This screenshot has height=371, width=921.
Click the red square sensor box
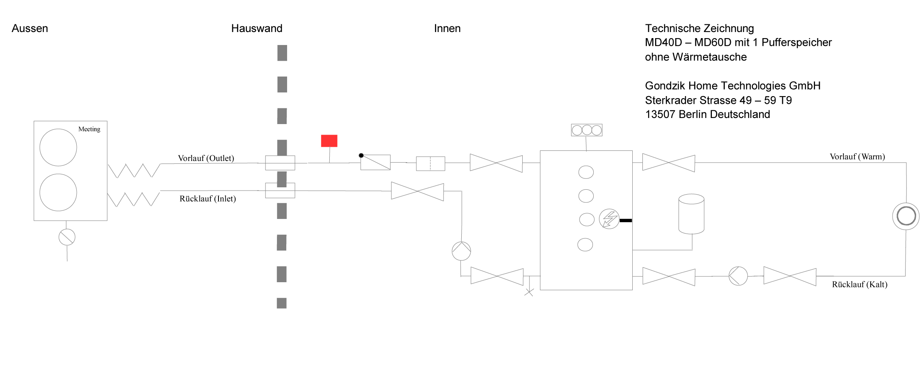pyautogui.click(x=329, y=141)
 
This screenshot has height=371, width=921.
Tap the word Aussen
pyautogui.click(x=30, y=28)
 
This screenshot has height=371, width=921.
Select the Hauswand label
pyautogui.click(x=257, y=28)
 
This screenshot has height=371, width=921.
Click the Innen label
pyautogui.click(x=447, y=28)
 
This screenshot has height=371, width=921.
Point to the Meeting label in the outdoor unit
pyautogui.click(x=89, y=129)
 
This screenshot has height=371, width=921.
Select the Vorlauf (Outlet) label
pyautogui.click(x=206, y=158)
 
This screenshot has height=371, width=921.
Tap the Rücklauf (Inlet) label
pyautogui.click(x=208, y=199)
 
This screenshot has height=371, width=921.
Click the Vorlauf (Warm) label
pyautogui.click(x=857, y=157)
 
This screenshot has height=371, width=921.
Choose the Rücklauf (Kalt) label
pyautogui.click(x=860, y=284)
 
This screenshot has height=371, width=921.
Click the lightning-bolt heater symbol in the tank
pyautogui.click(x=609, y=219)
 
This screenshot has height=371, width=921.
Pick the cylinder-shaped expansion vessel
pyautogui.click(x=691, y=214)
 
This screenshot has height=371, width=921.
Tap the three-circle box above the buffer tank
pyautogui.click(x=587, y=130)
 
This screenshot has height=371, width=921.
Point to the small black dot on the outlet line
pyautogui.click(x=361, y=155)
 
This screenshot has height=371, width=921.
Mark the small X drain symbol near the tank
pyautogui.click(x=529, y=292)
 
